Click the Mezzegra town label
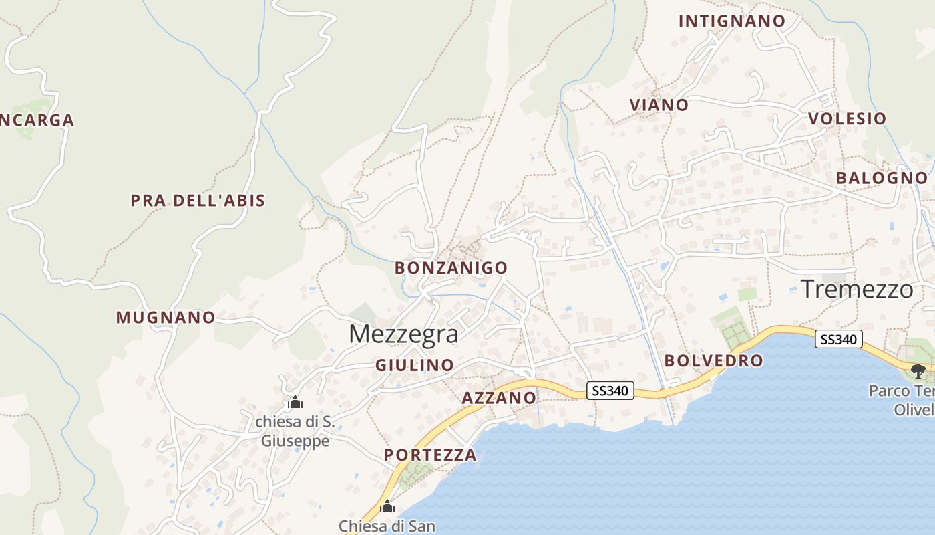click(403, 334)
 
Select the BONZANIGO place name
click(451, 268)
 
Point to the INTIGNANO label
click(732, 21)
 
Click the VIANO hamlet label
click(659, 105)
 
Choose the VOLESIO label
click(847, 119)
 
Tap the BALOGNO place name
click(882, 178)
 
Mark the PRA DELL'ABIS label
click(198, 201)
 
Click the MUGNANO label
click(166, 318)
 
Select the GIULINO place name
click(414, 366)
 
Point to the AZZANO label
click(499, 398)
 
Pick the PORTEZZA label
click(430, 455)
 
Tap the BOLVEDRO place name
click(713, 361)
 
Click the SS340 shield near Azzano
click(610, 391)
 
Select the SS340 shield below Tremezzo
click(838, 340)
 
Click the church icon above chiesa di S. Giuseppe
click(295, 403)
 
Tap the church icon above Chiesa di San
click(387, 507)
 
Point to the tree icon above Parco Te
click(918, 370)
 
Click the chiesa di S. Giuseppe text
click(295, 431)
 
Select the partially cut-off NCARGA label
click(37, 121)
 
